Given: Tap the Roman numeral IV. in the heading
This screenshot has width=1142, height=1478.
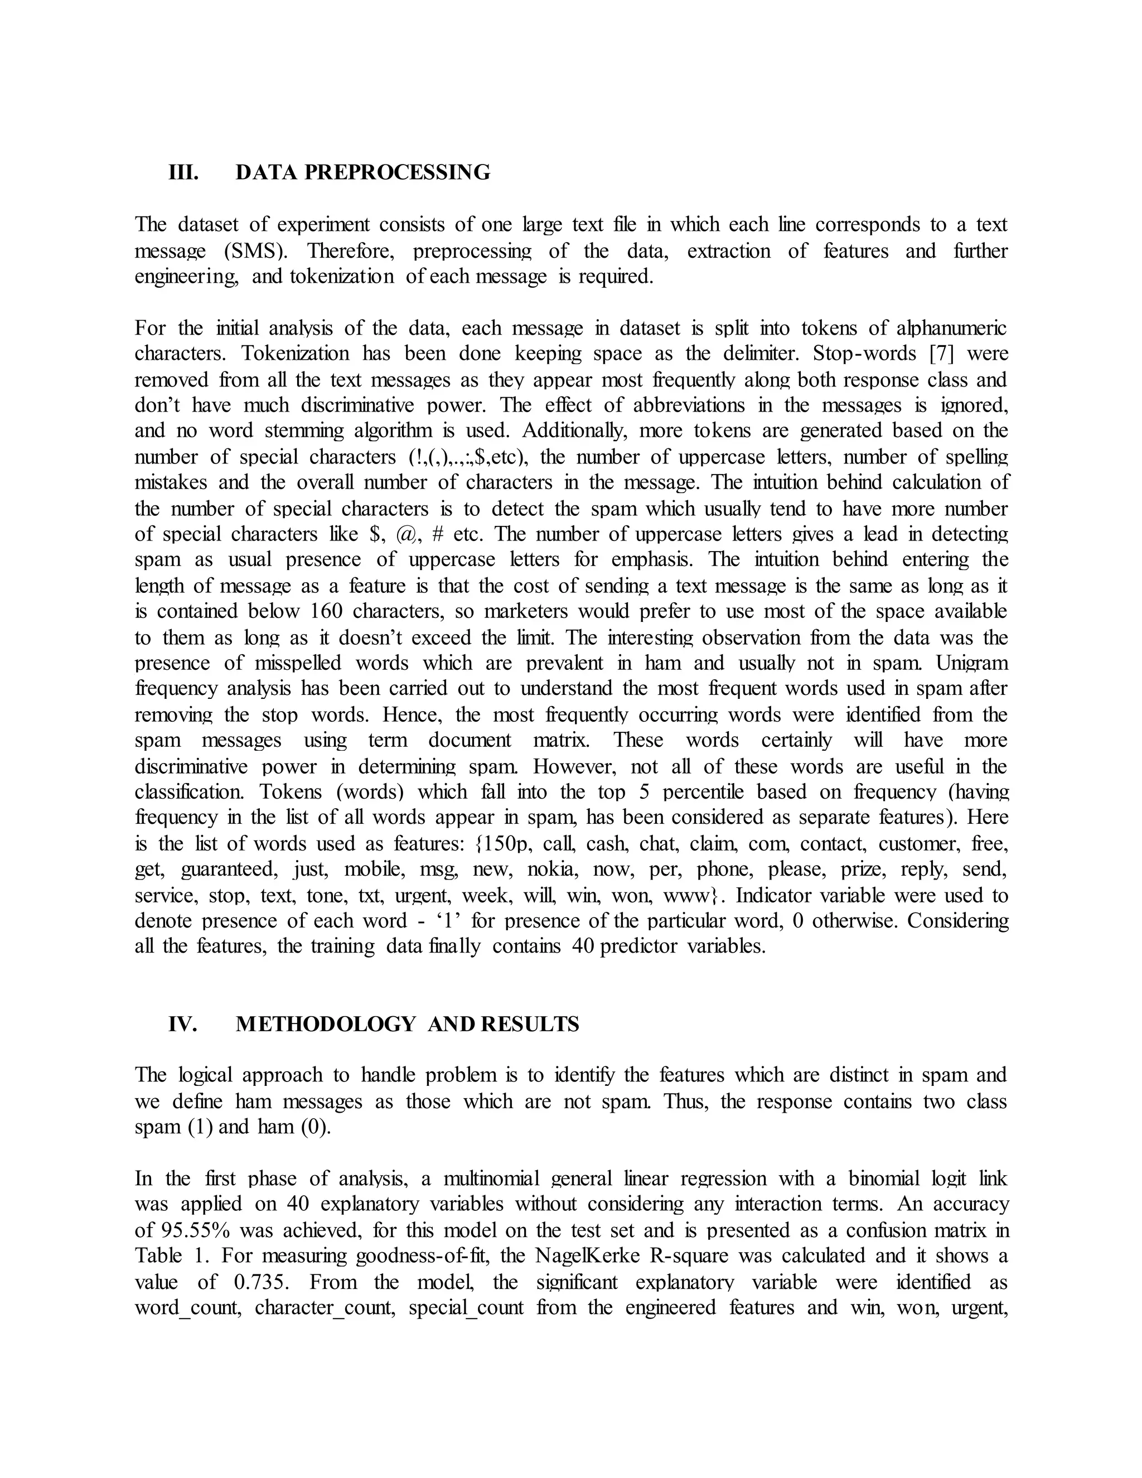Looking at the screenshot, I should (183, 1024).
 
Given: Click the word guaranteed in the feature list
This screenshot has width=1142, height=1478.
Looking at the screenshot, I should (229, 870).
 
